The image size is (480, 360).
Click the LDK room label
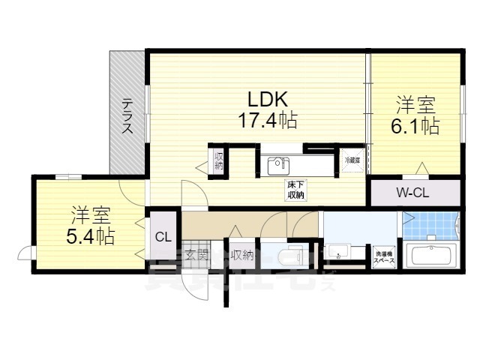click(x=264, y=99)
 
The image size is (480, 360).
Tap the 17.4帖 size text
click(x=266, y=118)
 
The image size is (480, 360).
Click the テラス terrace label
click(x=128, y=117)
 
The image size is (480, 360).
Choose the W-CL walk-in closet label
click(x=412, y=193)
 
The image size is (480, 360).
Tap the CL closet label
click(x=163, y=237)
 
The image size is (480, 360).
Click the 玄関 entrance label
click(x=196, y=255)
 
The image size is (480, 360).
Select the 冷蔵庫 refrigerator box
click(x=352, y=160)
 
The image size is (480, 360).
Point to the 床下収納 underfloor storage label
click(x=295, y=190)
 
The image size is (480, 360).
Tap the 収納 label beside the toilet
click(x=242, y=256)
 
